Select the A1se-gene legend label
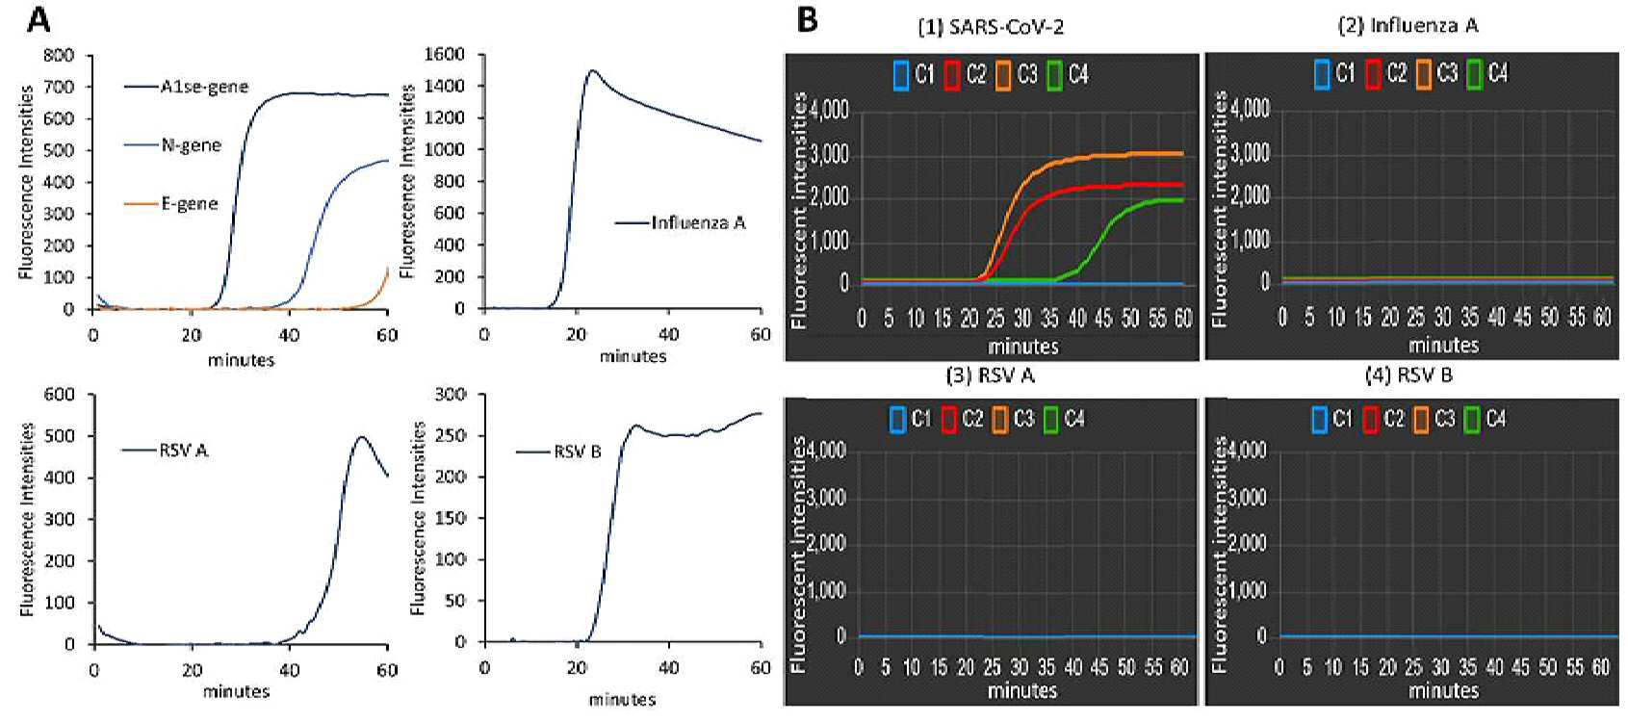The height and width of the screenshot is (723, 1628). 204,88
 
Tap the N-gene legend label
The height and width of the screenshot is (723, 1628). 191,145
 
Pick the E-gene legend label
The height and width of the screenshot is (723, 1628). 190,203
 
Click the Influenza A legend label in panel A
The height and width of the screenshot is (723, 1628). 698,222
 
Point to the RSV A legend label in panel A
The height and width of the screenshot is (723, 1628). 184,451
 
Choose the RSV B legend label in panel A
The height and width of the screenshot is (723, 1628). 578,452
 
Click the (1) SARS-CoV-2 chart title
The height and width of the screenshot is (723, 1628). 991,28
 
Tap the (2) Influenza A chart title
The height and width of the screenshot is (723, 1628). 1408,25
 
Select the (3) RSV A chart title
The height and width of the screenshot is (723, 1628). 990,374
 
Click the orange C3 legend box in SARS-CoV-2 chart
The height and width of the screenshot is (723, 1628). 1004,75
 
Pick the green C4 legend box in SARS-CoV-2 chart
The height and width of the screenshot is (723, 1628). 1054,75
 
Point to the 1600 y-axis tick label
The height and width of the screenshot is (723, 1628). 444,55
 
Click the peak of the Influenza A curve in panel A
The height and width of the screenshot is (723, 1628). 592,70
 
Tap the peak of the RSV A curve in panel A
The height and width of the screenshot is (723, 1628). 362,437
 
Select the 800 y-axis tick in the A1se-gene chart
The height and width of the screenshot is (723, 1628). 59,55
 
